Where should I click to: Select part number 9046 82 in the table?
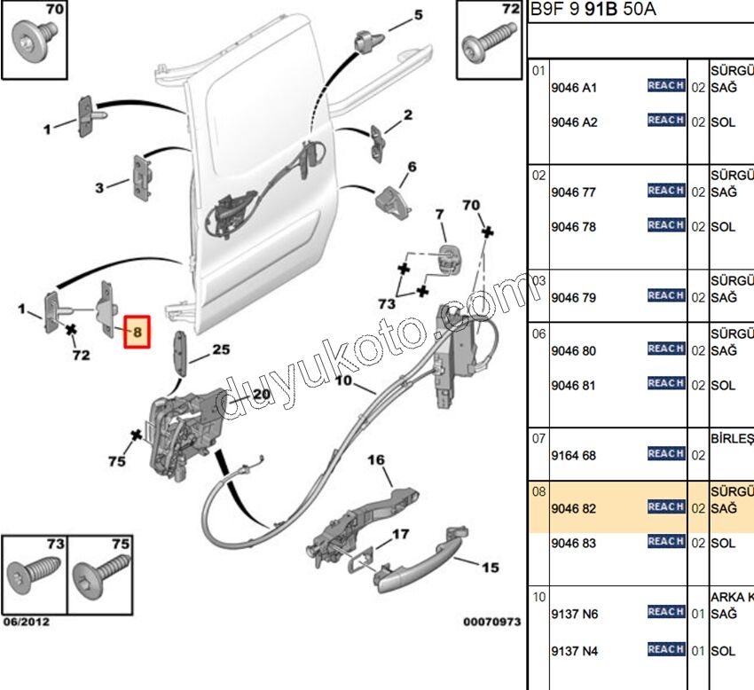click(573, 509)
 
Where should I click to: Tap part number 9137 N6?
click(574, 614)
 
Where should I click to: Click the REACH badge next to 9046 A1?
click(665, 85)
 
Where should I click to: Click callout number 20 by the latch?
click(261, 395)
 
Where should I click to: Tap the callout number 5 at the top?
click(418, 16)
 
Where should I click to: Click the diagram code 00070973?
click(491, 623)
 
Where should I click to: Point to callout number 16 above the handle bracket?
click(376, 460)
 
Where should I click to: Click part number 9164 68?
click(573, 456)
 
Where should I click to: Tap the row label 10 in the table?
click(538, 597)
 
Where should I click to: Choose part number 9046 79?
click(573, 297)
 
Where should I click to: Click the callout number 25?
click(221, 350)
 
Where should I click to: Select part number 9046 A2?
click(574, 122)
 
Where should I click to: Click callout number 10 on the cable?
click(344, 384)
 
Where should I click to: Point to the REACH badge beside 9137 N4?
click(665, 649)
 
